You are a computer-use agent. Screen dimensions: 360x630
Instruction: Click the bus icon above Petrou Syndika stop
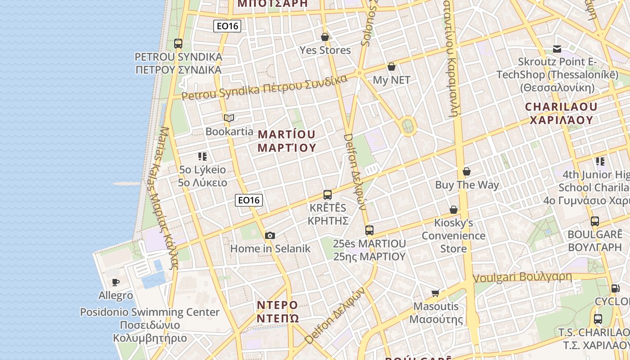pos(178,44)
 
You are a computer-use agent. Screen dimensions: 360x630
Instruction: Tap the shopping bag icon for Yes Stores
pos(325,37)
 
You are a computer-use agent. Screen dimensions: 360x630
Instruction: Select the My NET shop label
pos(391,80)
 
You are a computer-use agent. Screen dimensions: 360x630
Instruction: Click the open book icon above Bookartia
pos(229,118)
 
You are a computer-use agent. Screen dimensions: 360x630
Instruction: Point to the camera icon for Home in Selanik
pos(270,235)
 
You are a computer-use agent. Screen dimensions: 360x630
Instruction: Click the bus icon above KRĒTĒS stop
pos(328,195)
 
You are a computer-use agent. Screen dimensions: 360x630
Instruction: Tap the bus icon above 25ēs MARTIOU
pos(369,230)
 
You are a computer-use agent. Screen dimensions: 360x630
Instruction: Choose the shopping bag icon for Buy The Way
pos(467,171)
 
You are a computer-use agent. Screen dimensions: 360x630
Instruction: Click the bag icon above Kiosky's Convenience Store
pos(454,210)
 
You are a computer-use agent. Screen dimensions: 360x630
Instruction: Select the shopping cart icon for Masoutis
pos(435,293)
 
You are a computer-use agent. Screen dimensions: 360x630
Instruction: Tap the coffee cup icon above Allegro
pos(116,282)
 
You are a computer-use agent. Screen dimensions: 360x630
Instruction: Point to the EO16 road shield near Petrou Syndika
pos(227,26)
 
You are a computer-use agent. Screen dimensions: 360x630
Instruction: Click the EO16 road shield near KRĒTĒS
pos(249,200)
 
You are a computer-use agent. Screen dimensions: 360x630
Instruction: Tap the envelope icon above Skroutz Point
pos(557,49)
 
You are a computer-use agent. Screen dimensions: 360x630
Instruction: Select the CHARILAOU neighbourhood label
pos(561,113)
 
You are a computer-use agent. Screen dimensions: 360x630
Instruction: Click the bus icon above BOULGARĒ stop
pos(595,221)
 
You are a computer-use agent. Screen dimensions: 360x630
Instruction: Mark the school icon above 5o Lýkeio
pos(202,157)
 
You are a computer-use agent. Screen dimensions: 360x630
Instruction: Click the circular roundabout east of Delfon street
pos(408,126)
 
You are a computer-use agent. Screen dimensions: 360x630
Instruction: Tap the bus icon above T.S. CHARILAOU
pos(598,319)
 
